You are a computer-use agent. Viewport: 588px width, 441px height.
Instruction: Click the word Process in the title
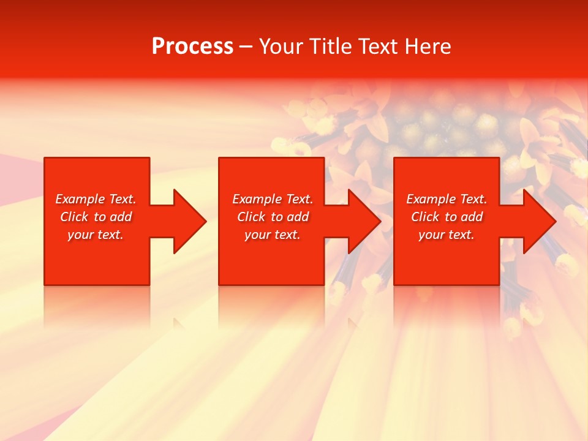tap(192, 47)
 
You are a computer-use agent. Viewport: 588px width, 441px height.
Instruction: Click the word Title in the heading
tap(330, 47)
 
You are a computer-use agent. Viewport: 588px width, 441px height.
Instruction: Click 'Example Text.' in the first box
tap(96, 199)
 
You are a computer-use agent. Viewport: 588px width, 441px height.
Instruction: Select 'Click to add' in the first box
tap(96, 217)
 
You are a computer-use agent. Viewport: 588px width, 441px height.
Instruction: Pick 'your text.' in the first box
tap(96, 235)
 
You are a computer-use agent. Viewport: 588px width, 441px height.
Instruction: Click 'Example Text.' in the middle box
tap(273, 199)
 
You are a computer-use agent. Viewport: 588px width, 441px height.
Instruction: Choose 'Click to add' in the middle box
tap(273, 217)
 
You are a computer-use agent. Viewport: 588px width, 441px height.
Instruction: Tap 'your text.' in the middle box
tap(273, 235)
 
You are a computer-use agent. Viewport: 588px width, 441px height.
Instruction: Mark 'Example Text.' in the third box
tap(447, 199)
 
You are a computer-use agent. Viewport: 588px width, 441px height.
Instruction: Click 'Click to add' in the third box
tap(447, 217)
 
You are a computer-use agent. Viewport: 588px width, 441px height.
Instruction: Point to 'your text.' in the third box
tap(447, 235)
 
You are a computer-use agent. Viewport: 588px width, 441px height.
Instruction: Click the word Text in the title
tap(378, 47)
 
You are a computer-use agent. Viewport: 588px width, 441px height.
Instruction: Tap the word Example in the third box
tap(431, 199)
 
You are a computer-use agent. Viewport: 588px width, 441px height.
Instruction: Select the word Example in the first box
tap(80, 199)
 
